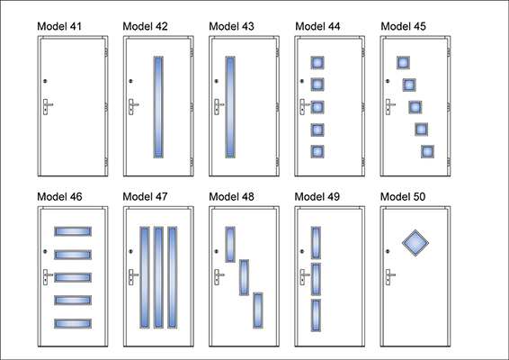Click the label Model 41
tap(59, 26)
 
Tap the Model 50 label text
tap(403, 196)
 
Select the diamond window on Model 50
tap(415, 243)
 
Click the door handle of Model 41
tap(47, 107)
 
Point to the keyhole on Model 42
tap(130, 81)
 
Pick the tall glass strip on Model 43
tap(230, 107)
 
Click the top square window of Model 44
tap(317, 63)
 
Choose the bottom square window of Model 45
tap(427, 152)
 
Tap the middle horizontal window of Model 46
tap(73, 277)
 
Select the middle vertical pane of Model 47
tap(158, 277)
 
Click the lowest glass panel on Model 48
tap(258, 310)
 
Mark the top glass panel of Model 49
tap(316, 243)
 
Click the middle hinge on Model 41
tap(106, 107)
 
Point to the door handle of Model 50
tap(390, 277)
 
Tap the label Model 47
tap(145, 196)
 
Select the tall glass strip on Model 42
tap(158, 107)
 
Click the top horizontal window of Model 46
tap(73, 231)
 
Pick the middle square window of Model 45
tap(415, 107)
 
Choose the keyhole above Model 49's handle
tap(302, 251)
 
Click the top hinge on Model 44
tap(363, 52)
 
